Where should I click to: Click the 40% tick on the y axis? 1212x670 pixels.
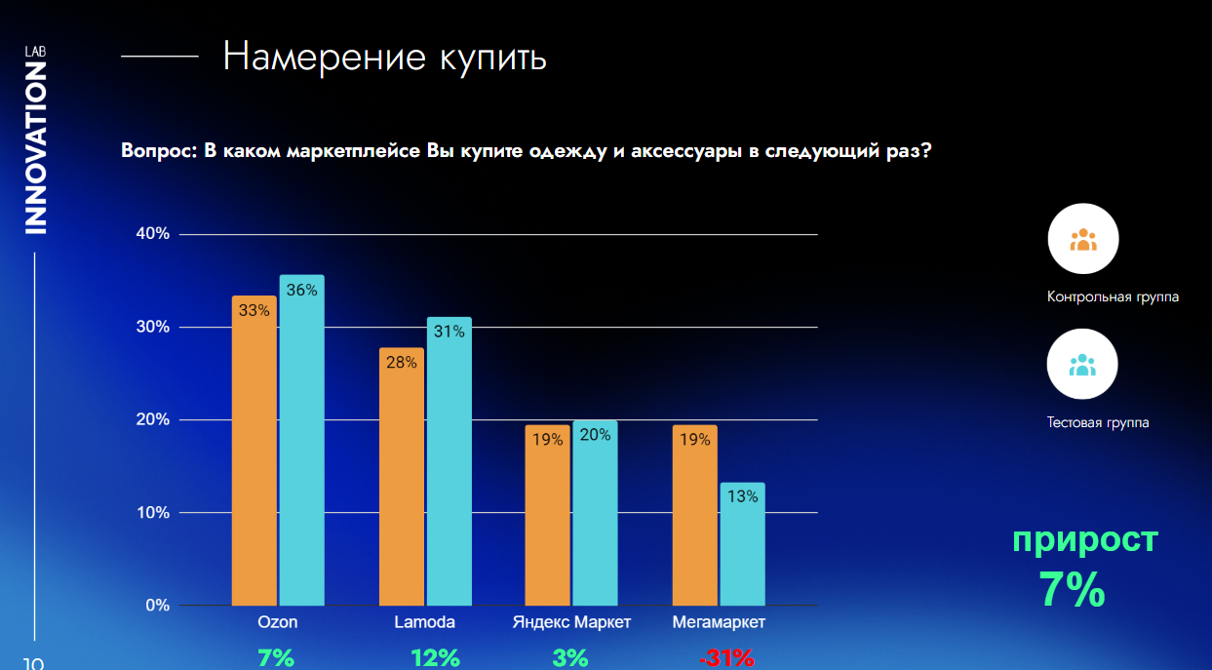click(x=152, y=234)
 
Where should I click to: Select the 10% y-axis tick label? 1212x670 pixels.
click(x=152, y=512)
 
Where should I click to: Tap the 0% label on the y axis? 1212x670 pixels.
click(x=157, y=605)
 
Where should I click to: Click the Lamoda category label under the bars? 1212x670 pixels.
click(x=424, y=622)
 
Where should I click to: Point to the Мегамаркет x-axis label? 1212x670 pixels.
click(x=719, y=622)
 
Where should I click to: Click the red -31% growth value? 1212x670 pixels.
click(x=726, y=658)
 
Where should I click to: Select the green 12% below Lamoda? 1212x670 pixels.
click(x=435, y=658)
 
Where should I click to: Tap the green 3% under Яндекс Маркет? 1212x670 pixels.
click(x=570, y=658)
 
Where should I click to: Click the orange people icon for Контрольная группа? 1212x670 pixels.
click(x=1082, y=239)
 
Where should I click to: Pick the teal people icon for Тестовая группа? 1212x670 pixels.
click(x=1082, y=364)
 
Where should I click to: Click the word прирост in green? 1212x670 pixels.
click(x=1084, y=538)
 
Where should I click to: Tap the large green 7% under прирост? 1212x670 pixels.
click(x=1071, y=589)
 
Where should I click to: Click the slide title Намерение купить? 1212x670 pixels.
click(x=384, y=57)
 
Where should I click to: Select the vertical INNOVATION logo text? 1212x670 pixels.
click(x=35, y=148)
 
